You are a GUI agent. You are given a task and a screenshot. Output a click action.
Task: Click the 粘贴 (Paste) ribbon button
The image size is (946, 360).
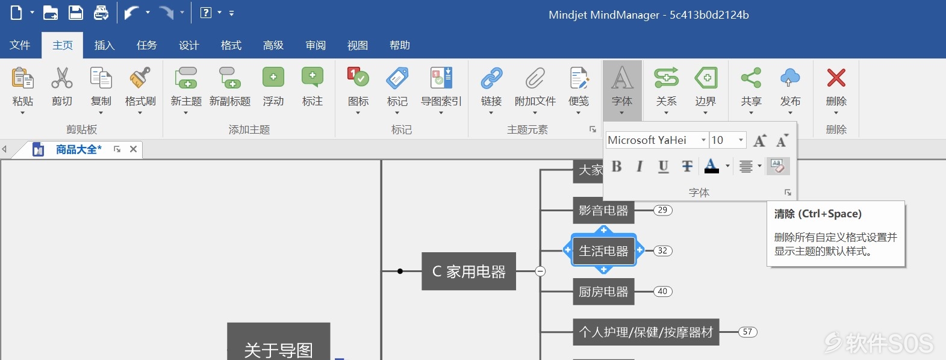(x=23, y=90)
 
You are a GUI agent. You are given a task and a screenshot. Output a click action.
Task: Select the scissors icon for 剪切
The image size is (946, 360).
(x=61, y=78)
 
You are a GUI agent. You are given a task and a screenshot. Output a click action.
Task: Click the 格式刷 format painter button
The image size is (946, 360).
(x=140, y=90)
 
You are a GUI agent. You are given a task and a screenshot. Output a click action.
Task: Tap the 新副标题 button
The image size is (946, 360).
(x=230, y=88)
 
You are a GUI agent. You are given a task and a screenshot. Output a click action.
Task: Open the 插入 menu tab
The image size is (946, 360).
(x=104, y=45)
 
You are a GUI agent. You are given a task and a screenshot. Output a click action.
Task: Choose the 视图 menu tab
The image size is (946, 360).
(x=357, y=45)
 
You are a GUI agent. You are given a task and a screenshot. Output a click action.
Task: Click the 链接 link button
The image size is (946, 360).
(x=491, y=90)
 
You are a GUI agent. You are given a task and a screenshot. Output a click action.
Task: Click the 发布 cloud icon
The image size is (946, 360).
(x=790, y=78)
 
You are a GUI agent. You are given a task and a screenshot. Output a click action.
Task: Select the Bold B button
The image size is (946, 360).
(x=617, y=166)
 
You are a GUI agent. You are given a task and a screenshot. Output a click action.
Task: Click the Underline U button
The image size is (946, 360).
(x=664, y=166)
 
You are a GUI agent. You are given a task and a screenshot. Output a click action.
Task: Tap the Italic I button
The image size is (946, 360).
(x=639, y=166)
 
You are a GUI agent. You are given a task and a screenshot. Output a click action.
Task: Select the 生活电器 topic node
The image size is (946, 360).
(x=603, y=251)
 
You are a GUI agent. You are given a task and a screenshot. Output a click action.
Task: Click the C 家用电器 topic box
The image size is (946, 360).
(x=468, y=271)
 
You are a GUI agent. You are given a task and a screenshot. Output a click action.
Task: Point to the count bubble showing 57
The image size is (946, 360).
(x=747, y=332)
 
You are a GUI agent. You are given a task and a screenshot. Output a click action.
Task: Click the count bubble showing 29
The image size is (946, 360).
(x=662, y=210)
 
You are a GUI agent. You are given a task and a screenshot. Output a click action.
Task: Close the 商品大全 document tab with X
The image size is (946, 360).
(x=133, y=149)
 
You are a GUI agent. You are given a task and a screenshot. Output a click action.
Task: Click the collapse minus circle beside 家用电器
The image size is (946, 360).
(x=540, y=271)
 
